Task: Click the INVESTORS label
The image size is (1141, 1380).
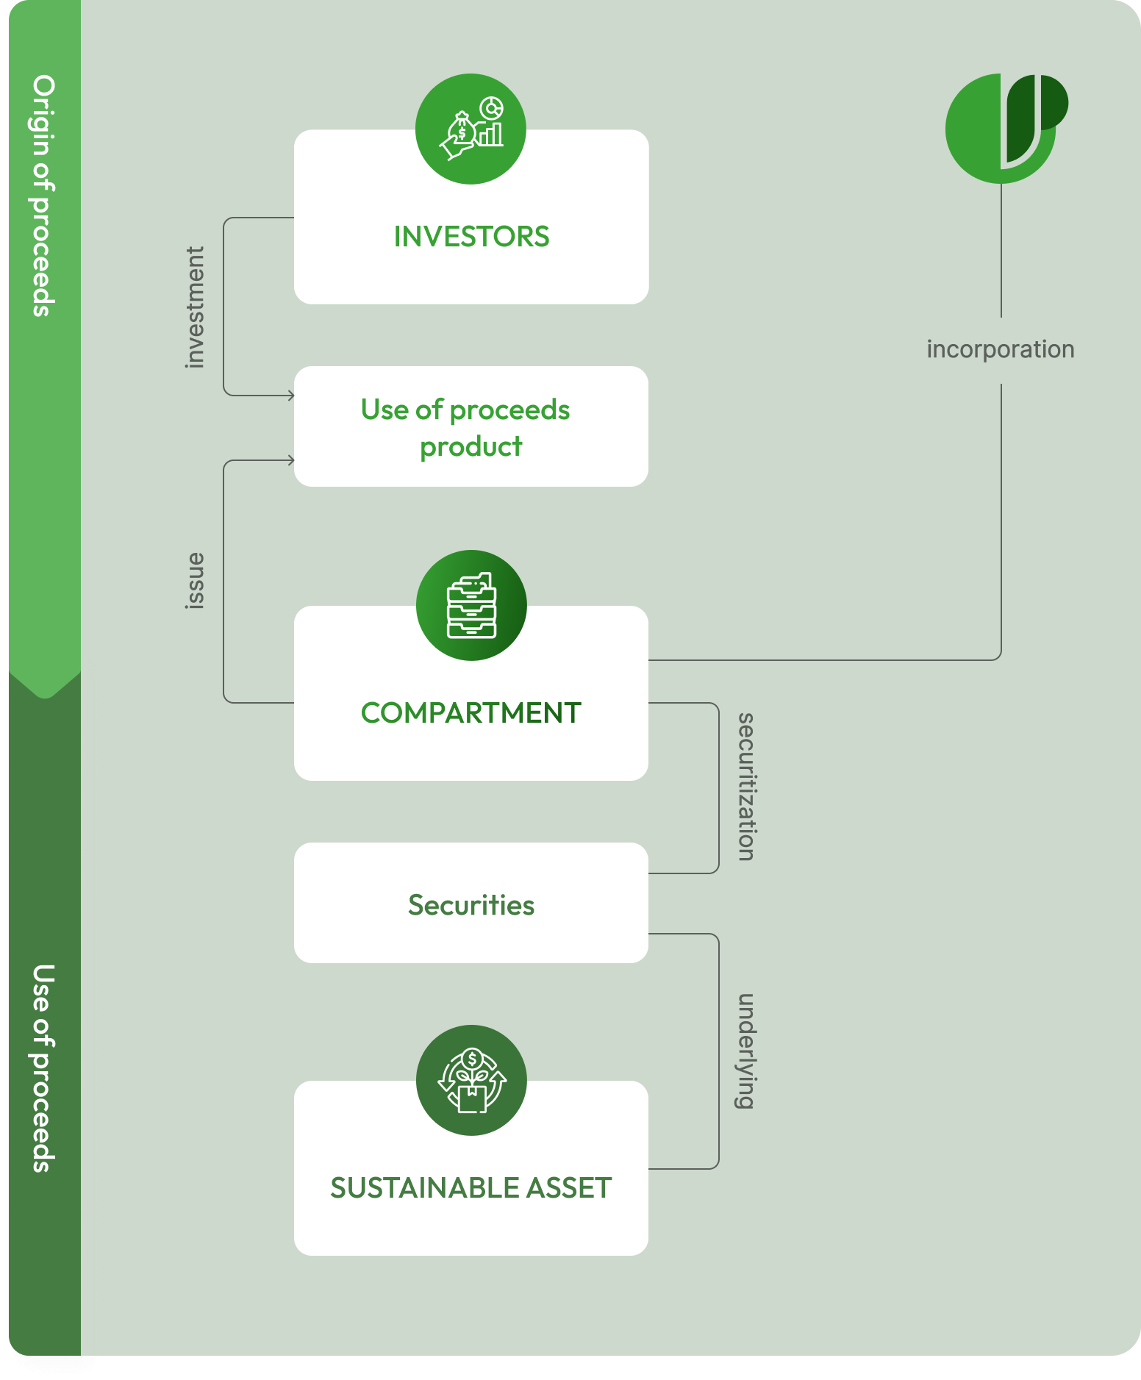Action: [471, 237]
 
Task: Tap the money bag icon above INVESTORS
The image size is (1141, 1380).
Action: [471, 129]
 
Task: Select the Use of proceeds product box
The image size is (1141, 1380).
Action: [471, 426]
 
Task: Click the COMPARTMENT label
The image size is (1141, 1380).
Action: [471, 713]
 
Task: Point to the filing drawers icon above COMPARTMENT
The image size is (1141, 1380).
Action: [471, 605]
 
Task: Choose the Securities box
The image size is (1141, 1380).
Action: [471, 904]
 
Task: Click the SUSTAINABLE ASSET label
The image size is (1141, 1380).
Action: [471, 1188]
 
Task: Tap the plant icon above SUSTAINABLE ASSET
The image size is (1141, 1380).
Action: [471, 1080]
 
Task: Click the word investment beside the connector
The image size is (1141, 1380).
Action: [194, 307]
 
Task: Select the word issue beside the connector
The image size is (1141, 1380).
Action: [194, 581]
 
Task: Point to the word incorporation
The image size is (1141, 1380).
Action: [1000, 349]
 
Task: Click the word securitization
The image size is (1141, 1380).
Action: [745, 787]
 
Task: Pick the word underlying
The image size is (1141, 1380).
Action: [745, 1051]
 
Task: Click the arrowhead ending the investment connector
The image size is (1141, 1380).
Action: [291, 396]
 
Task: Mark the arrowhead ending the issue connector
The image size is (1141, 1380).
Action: [291, 460]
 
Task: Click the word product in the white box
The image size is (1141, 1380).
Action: [471, 447]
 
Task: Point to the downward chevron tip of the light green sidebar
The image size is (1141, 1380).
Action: [45, 694]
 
